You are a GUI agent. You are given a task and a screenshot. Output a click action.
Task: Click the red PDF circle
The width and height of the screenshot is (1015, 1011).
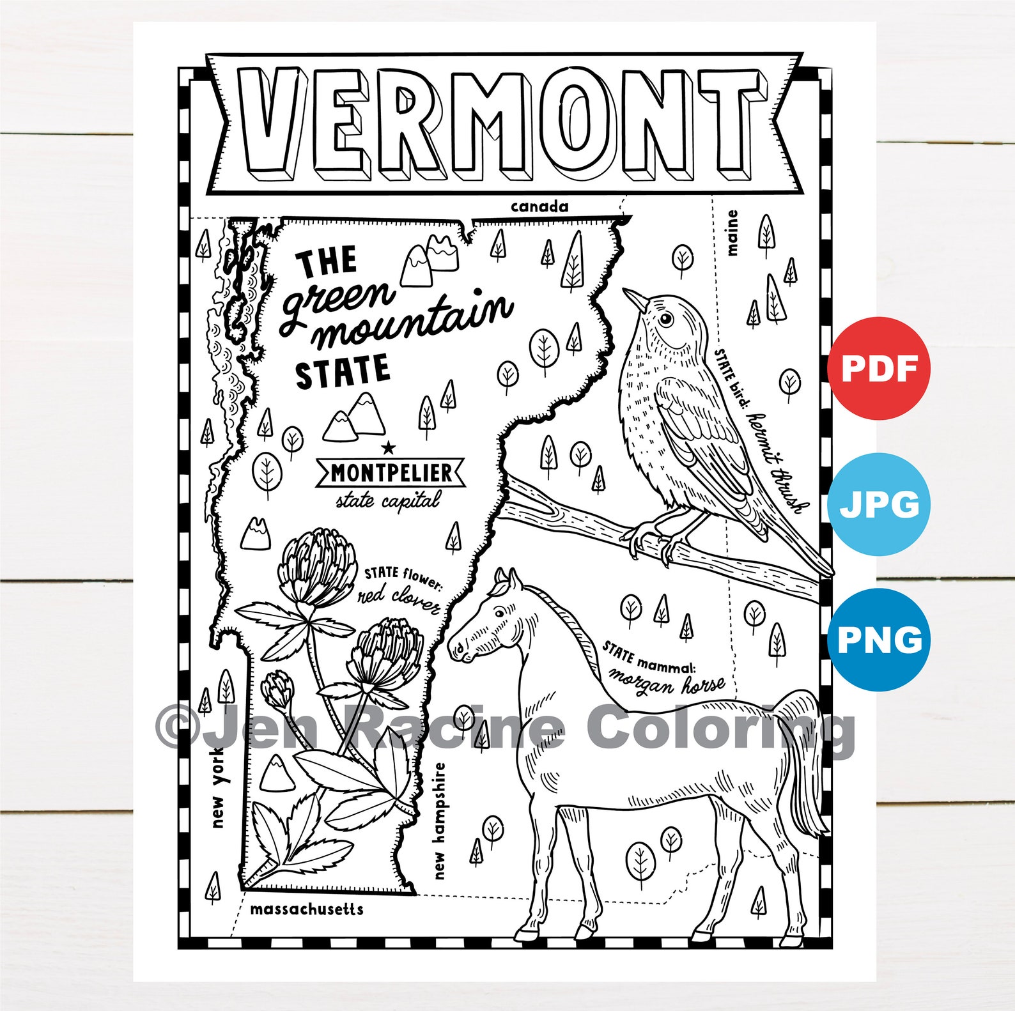point(879,368)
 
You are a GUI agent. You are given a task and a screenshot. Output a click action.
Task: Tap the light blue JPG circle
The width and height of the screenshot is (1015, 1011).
point(879,504)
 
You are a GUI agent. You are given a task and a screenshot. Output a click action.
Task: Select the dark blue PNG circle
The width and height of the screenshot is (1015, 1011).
point(879,640)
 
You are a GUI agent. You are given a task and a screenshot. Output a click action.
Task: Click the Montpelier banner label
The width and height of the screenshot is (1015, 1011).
point(391,474)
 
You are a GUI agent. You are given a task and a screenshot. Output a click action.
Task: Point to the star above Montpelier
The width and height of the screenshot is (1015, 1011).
point(388,448)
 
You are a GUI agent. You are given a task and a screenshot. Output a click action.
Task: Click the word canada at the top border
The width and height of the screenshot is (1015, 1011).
point(539,206)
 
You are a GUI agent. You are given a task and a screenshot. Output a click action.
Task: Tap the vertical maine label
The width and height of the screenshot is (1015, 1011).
point(731,233)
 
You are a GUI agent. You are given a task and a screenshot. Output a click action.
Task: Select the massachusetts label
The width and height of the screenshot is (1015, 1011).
point(306,909)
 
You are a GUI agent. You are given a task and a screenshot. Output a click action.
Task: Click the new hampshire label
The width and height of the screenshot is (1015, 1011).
point(439,821)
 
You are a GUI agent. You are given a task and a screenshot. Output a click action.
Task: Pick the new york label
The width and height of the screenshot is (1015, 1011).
point(218,789)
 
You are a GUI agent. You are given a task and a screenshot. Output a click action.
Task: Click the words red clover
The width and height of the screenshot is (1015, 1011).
point(399,599)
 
